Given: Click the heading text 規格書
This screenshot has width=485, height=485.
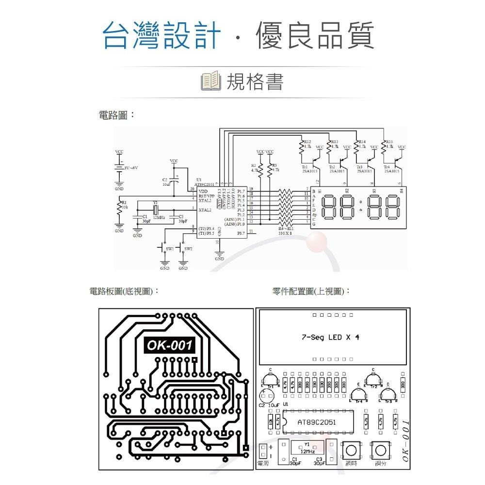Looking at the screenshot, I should (255, 81).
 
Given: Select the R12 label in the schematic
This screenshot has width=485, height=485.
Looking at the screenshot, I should (307, 142).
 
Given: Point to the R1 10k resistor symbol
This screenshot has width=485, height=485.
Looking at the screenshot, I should (120, 207).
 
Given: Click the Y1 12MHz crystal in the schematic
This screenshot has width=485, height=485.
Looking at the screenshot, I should (155, 210).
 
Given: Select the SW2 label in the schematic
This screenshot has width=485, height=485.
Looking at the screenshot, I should (188, 249).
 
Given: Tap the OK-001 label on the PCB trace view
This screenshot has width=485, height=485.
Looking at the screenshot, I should (170, 345).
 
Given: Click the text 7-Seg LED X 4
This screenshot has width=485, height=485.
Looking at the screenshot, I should (330, 337).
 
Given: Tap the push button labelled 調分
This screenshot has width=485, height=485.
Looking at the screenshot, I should (380, 451).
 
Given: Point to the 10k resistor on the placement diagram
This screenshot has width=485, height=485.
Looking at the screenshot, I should (270, 422).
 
